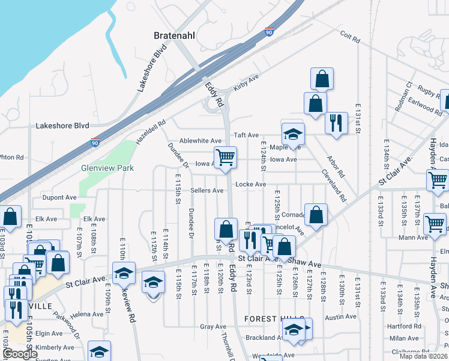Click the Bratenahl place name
pos(174,35)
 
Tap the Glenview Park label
pos(107,168)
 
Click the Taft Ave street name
pos(246,135)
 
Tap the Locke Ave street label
pos(251,184)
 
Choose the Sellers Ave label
pos(207,191)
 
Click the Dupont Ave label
pos(59,197)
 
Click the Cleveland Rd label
pos(334,187)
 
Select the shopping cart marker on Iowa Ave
pos(225,158)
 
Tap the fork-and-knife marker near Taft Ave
pos(336,123)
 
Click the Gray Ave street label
pos(213,327)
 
